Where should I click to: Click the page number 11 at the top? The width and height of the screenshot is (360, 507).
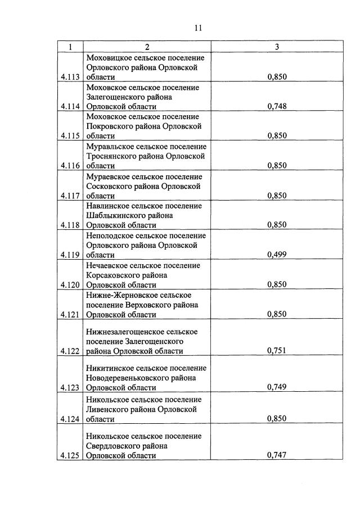198,28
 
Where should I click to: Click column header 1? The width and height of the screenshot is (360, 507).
70,47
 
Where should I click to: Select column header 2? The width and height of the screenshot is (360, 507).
147,47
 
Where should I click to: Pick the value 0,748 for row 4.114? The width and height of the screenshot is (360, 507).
277,107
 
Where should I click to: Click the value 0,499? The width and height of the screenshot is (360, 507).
277,255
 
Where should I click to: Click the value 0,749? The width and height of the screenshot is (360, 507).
277,388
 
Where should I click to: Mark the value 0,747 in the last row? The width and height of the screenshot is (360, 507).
277,455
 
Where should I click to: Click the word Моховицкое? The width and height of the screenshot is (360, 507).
109,58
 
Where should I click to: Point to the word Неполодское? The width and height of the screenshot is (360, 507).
110,236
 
